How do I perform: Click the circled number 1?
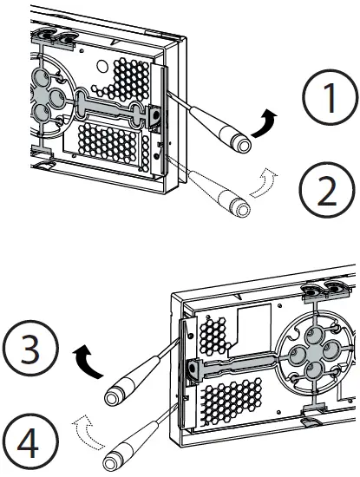(x=331, y=97)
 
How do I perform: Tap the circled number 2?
(x=327, y=190)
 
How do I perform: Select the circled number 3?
(x=30, y=348)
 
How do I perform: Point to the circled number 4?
(x=29, y=441)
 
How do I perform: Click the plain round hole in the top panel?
(x=102, y=65)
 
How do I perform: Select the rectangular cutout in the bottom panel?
(x=253, y=325)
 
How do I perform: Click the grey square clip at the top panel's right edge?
(x=155, y=116)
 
